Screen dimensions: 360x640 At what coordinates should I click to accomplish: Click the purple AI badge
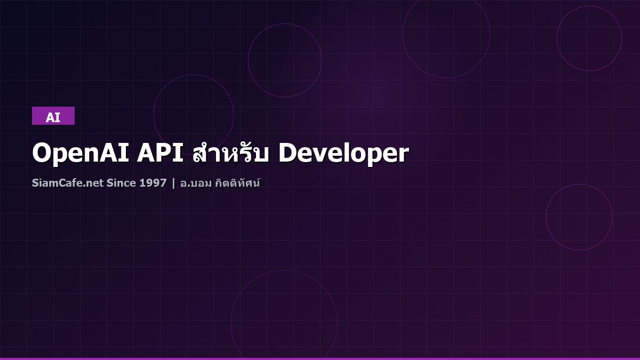click(x=53, y=116)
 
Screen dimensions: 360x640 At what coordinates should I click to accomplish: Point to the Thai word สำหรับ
click(x=231, y=154)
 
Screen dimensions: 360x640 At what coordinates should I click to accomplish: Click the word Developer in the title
click(x=343, y=154)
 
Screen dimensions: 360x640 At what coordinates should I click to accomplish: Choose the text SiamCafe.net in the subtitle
click(x=67, y=183)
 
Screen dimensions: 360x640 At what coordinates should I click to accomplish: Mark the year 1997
click(x=153, y=183)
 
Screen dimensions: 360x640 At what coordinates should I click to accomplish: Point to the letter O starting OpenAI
click(x=42, y=154)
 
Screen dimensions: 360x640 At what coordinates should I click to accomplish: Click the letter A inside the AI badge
click(x=50, y=118)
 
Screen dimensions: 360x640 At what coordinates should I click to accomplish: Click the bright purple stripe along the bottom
click(x=320, y=358)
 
